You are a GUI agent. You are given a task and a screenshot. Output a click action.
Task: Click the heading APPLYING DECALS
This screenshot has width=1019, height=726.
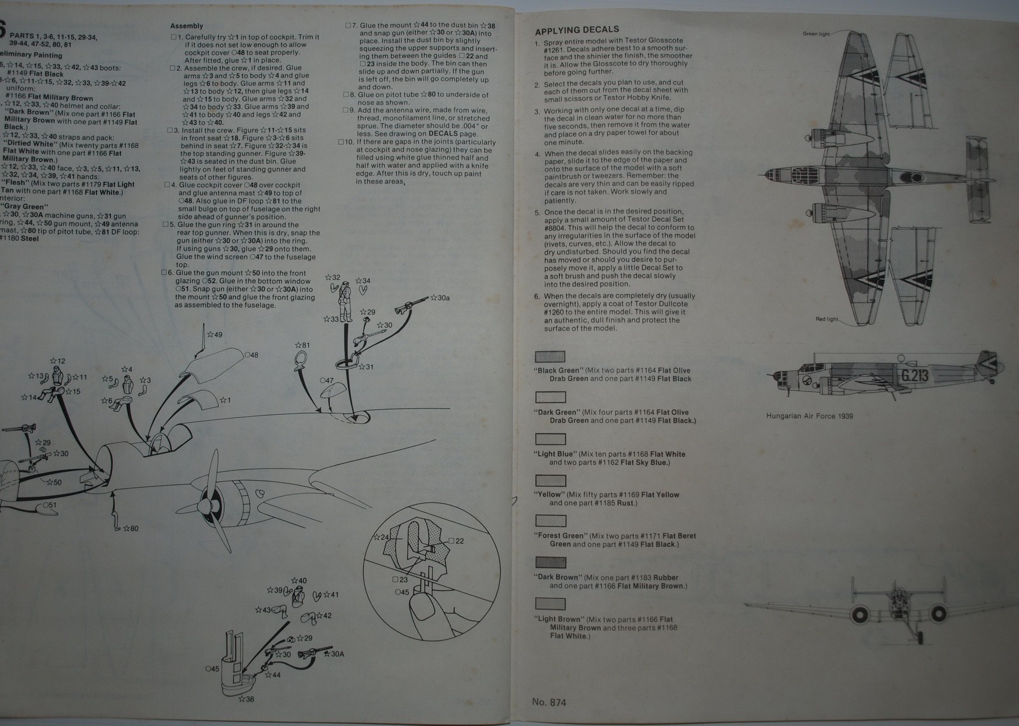pyautogui.click(x=576, y=31)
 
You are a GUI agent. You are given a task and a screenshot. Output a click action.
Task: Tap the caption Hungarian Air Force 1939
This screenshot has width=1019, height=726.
pyautogui.click(x=809, y=416)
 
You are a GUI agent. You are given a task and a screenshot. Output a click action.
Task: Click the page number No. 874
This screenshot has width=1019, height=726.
pyautogui.click(x=549, y=702)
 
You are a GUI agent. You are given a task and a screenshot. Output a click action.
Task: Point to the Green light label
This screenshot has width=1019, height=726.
pyautogui.click(x=816, y=34)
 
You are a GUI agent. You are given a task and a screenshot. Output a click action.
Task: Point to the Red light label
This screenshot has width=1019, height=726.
pyautogui.click(x=828, y=319)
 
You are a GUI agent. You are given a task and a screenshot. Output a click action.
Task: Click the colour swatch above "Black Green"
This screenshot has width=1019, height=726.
pyautogui.click(x=550, y=357)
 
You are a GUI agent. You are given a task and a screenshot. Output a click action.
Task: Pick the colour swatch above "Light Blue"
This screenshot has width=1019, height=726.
pyautogui.click(x=550, y=440)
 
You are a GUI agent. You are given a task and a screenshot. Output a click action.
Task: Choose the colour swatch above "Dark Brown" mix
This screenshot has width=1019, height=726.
pyautogui.click(x=550, y=563)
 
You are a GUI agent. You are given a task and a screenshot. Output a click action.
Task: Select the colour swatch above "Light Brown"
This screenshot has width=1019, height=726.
pyautogui.click(x=550, y=604)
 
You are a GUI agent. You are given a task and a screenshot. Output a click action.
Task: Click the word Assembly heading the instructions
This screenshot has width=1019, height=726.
pyautogui.click(x=187, y=26)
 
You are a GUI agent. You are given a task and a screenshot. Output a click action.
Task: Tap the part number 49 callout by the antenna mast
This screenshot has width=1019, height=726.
pyautogui.click(x=217, y=335)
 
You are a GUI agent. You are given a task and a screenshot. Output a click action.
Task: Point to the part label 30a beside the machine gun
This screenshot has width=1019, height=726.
pyautogui.click(x=441, y=298)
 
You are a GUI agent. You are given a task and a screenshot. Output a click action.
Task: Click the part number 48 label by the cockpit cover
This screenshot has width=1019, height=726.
pyautogui.click(x=252, y=355)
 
